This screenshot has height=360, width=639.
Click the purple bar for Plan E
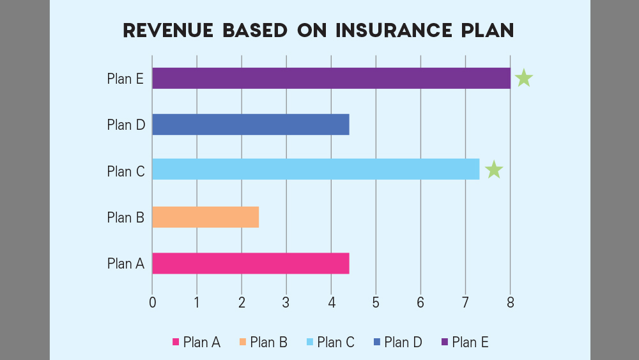(331, 78)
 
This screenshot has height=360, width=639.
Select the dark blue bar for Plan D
(250, 125)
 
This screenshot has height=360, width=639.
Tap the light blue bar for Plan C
(316, 169)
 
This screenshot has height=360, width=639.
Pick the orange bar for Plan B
(205, 217)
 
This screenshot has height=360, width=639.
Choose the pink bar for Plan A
(250, 263)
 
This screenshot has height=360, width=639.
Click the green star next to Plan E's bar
(524, 78)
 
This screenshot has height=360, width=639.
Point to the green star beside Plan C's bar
(494, 170)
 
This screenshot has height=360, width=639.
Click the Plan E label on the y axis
(125, 79)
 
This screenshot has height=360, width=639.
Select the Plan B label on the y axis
(125, 217)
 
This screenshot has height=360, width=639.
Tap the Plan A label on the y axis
(125, 263)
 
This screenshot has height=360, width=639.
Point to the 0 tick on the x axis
(152, 302)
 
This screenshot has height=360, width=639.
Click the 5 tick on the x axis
(376, 302)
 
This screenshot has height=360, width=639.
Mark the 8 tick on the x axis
(510, 302)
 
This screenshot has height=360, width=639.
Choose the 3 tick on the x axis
(286, 302)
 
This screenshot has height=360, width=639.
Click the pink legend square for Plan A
(176, 343)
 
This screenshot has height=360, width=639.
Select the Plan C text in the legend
(335, 342)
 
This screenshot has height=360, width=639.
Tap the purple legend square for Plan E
(444, 343)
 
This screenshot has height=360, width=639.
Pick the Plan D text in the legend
(403, 342)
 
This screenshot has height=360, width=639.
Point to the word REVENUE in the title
(164, 31)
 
